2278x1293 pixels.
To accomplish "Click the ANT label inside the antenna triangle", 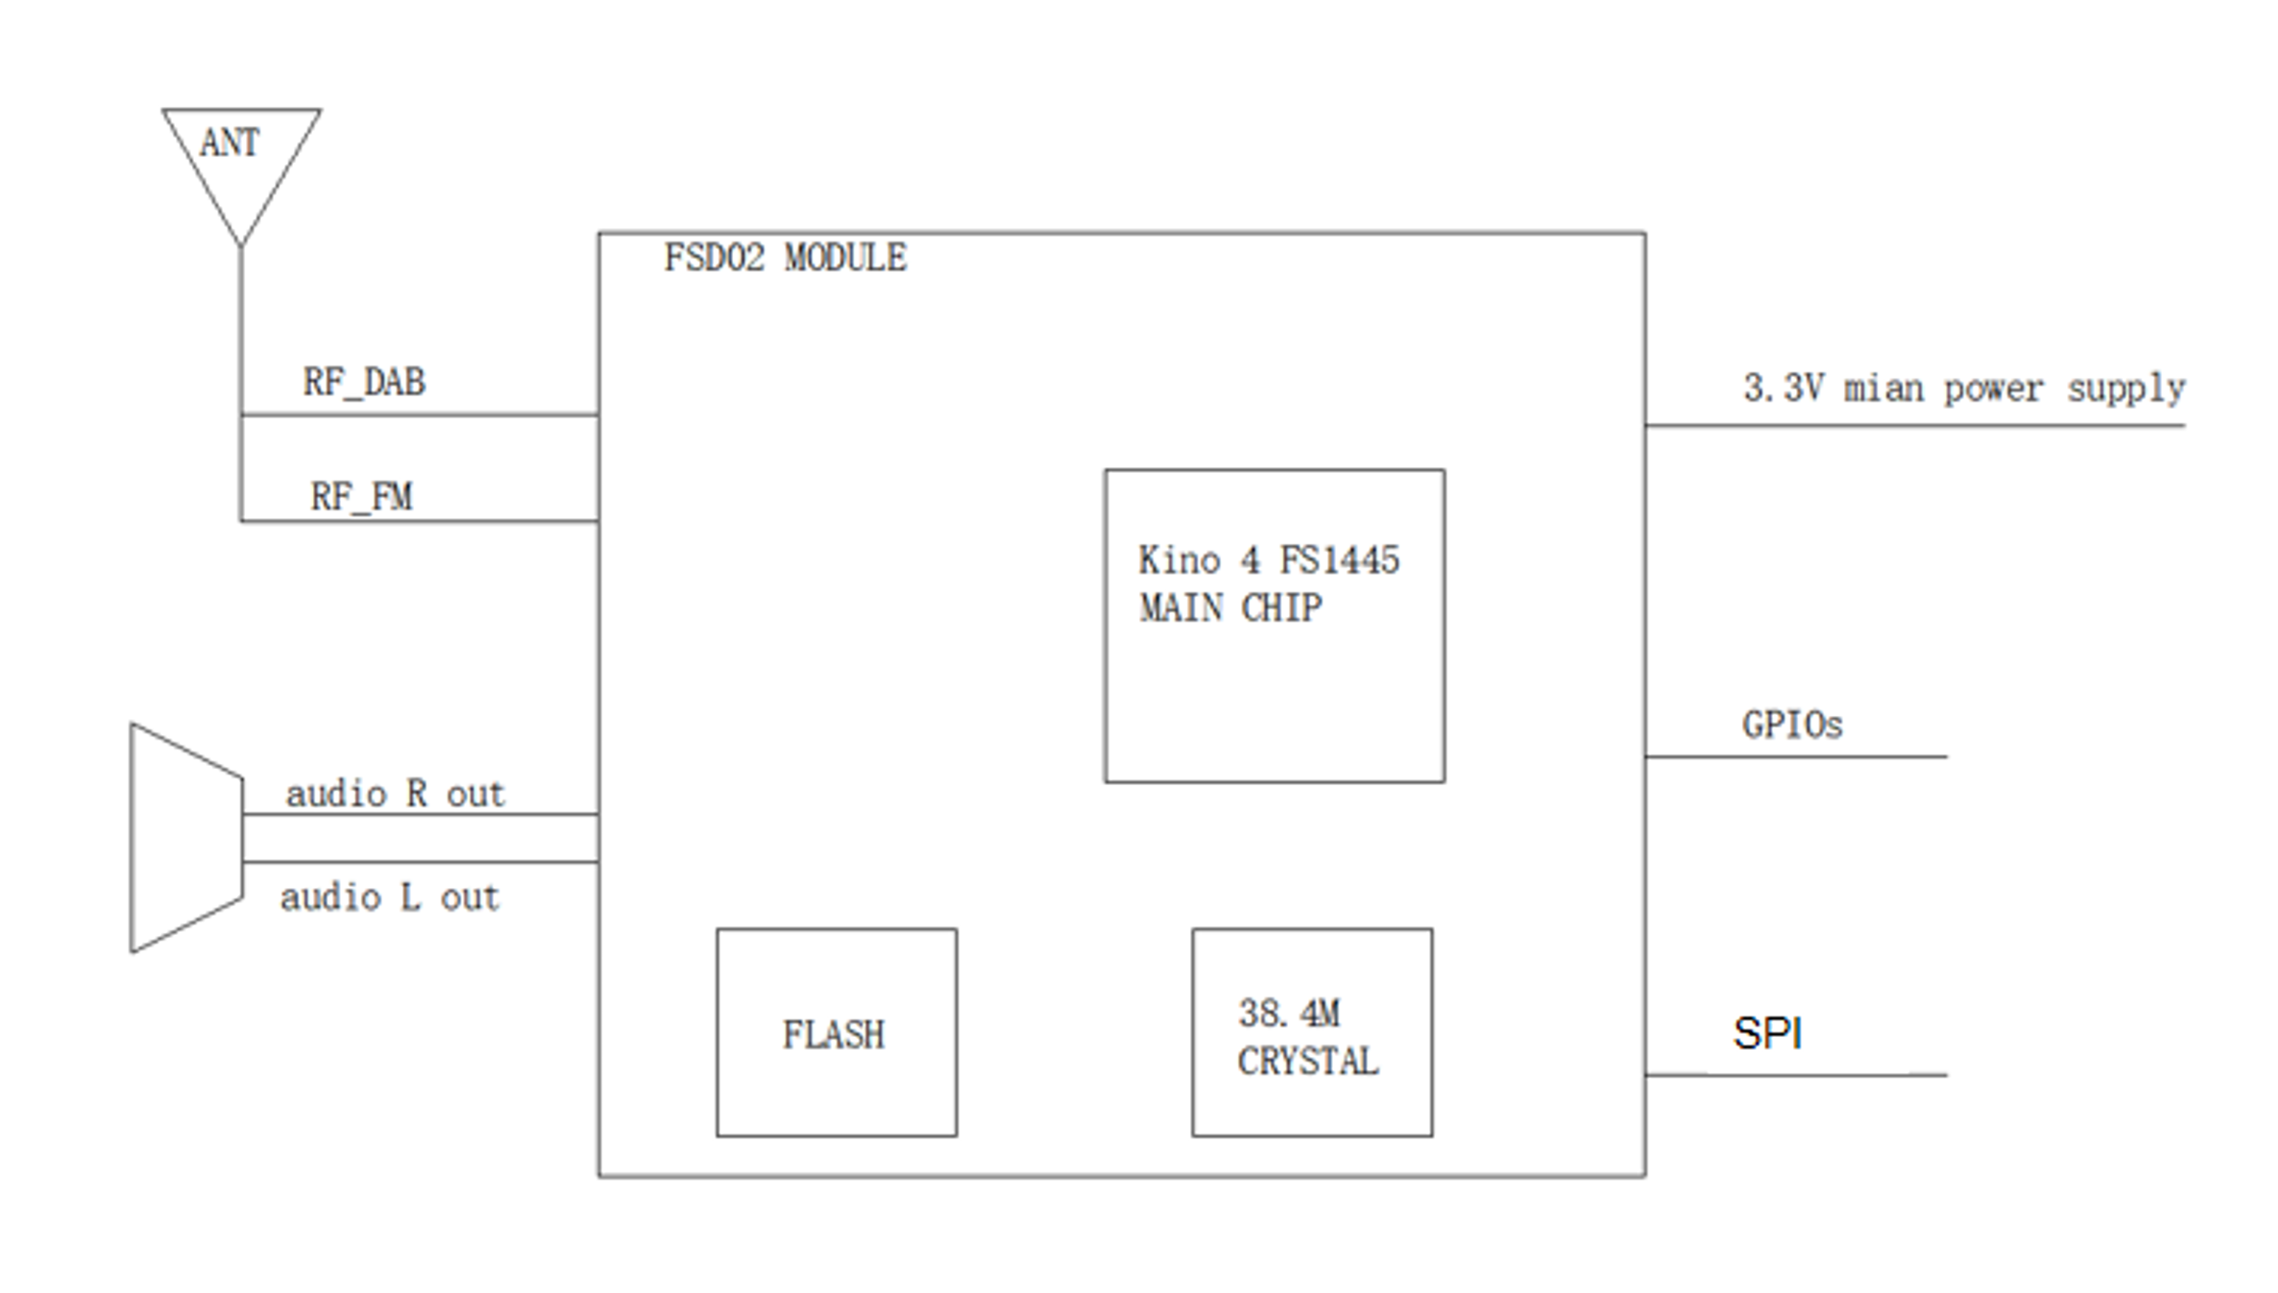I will coord(229,143).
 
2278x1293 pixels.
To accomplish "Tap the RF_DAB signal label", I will coord(364,383).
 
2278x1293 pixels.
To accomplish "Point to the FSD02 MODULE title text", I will coord(785,258).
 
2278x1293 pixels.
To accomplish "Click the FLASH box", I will coord(836,1032).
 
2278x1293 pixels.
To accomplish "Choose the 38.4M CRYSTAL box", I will coord(1311,1032).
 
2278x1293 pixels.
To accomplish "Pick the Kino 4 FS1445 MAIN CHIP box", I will coord(1273,626).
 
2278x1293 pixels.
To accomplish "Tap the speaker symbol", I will coord(185,838).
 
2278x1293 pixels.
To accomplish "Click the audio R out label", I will coord(395,794).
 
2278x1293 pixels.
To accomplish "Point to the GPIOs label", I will coord(1792,725).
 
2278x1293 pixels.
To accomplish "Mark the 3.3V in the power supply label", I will coord(1783,388).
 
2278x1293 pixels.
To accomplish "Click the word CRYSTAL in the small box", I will coord(1308,1061).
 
